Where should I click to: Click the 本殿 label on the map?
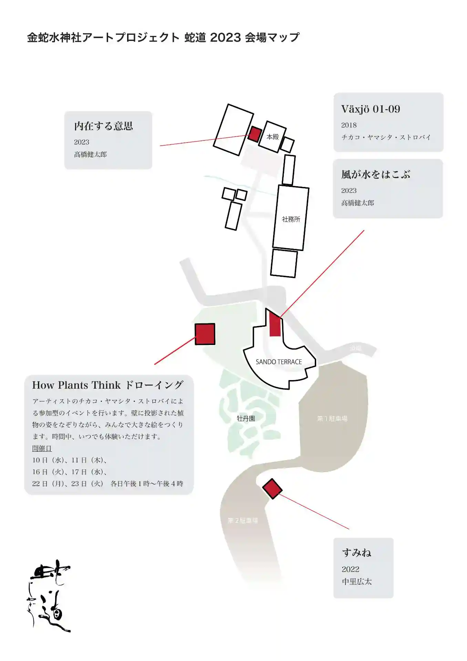(272, 137)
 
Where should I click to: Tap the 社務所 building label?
(291, 219)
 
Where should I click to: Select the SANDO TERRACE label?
(279, 362)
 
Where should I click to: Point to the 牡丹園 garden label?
(246, 419)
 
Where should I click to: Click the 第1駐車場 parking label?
(332, 419)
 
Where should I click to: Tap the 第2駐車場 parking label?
(243, 520)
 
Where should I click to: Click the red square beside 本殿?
(255, 134)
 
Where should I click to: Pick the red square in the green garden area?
(205, 334)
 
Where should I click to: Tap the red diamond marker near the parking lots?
(272, 489)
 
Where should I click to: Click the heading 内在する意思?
(104, 126)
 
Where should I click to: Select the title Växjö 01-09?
(371, 109)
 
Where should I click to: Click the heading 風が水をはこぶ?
(376, 175)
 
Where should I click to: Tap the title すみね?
(356, 553)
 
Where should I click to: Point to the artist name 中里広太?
(357, 581)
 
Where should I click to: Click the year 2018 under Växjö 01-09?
(349, 125)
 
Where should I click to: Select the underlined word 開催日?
(42, 448)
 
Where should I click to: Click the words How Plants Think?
(76, 385)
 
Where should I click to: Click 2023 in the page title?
(225, 37)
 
